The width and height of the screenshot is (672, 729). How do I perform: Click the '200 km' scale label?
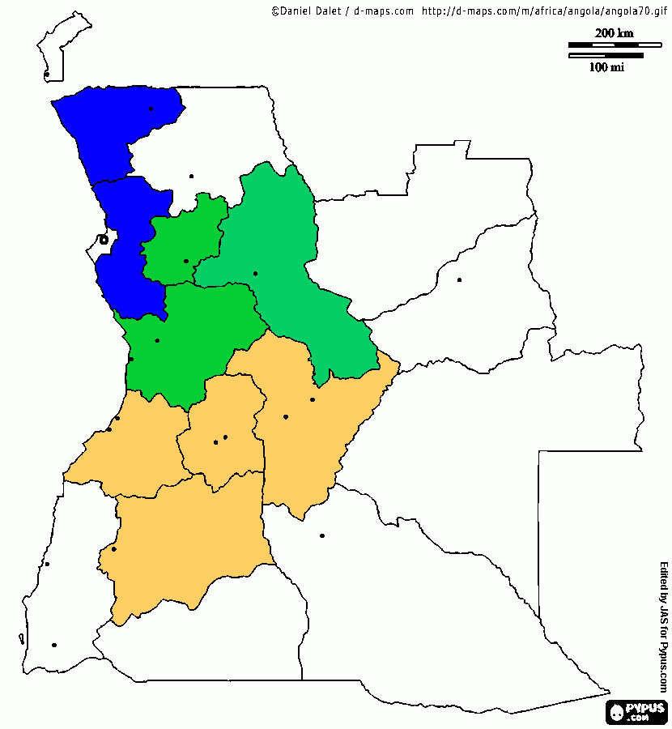click(x=614, y=33)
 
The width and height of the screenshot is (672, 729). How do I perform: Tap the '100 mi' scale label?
click(x=606, y=67)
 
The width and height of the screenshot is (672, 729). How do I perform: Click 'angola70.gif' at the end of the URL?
click(x=627, y=11)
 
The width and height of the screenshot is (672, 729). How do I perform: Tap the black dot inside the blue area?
click(x=151, y=109)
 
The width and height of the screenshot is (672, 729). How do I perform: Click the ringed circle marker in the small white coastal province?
click(x=103, y=239)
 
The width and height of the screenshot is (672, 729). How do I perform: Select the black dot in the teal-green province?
click(x=255, y=273)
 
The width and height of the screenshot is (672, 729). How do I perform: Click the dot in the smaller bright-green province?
click(x=186, y=261)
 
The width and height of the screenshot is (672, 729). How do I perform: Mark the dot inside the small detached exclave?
click(x=47, y=75)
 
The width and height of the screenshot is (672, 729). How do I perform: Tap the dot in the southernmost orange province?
click(x=114, y=549)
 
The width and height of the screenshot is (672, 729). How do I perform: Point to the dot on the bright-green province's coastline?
click(x=131, y=359)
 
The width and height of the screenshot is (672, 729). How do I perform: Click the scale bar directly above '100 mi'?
click(x=606, y=56)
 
